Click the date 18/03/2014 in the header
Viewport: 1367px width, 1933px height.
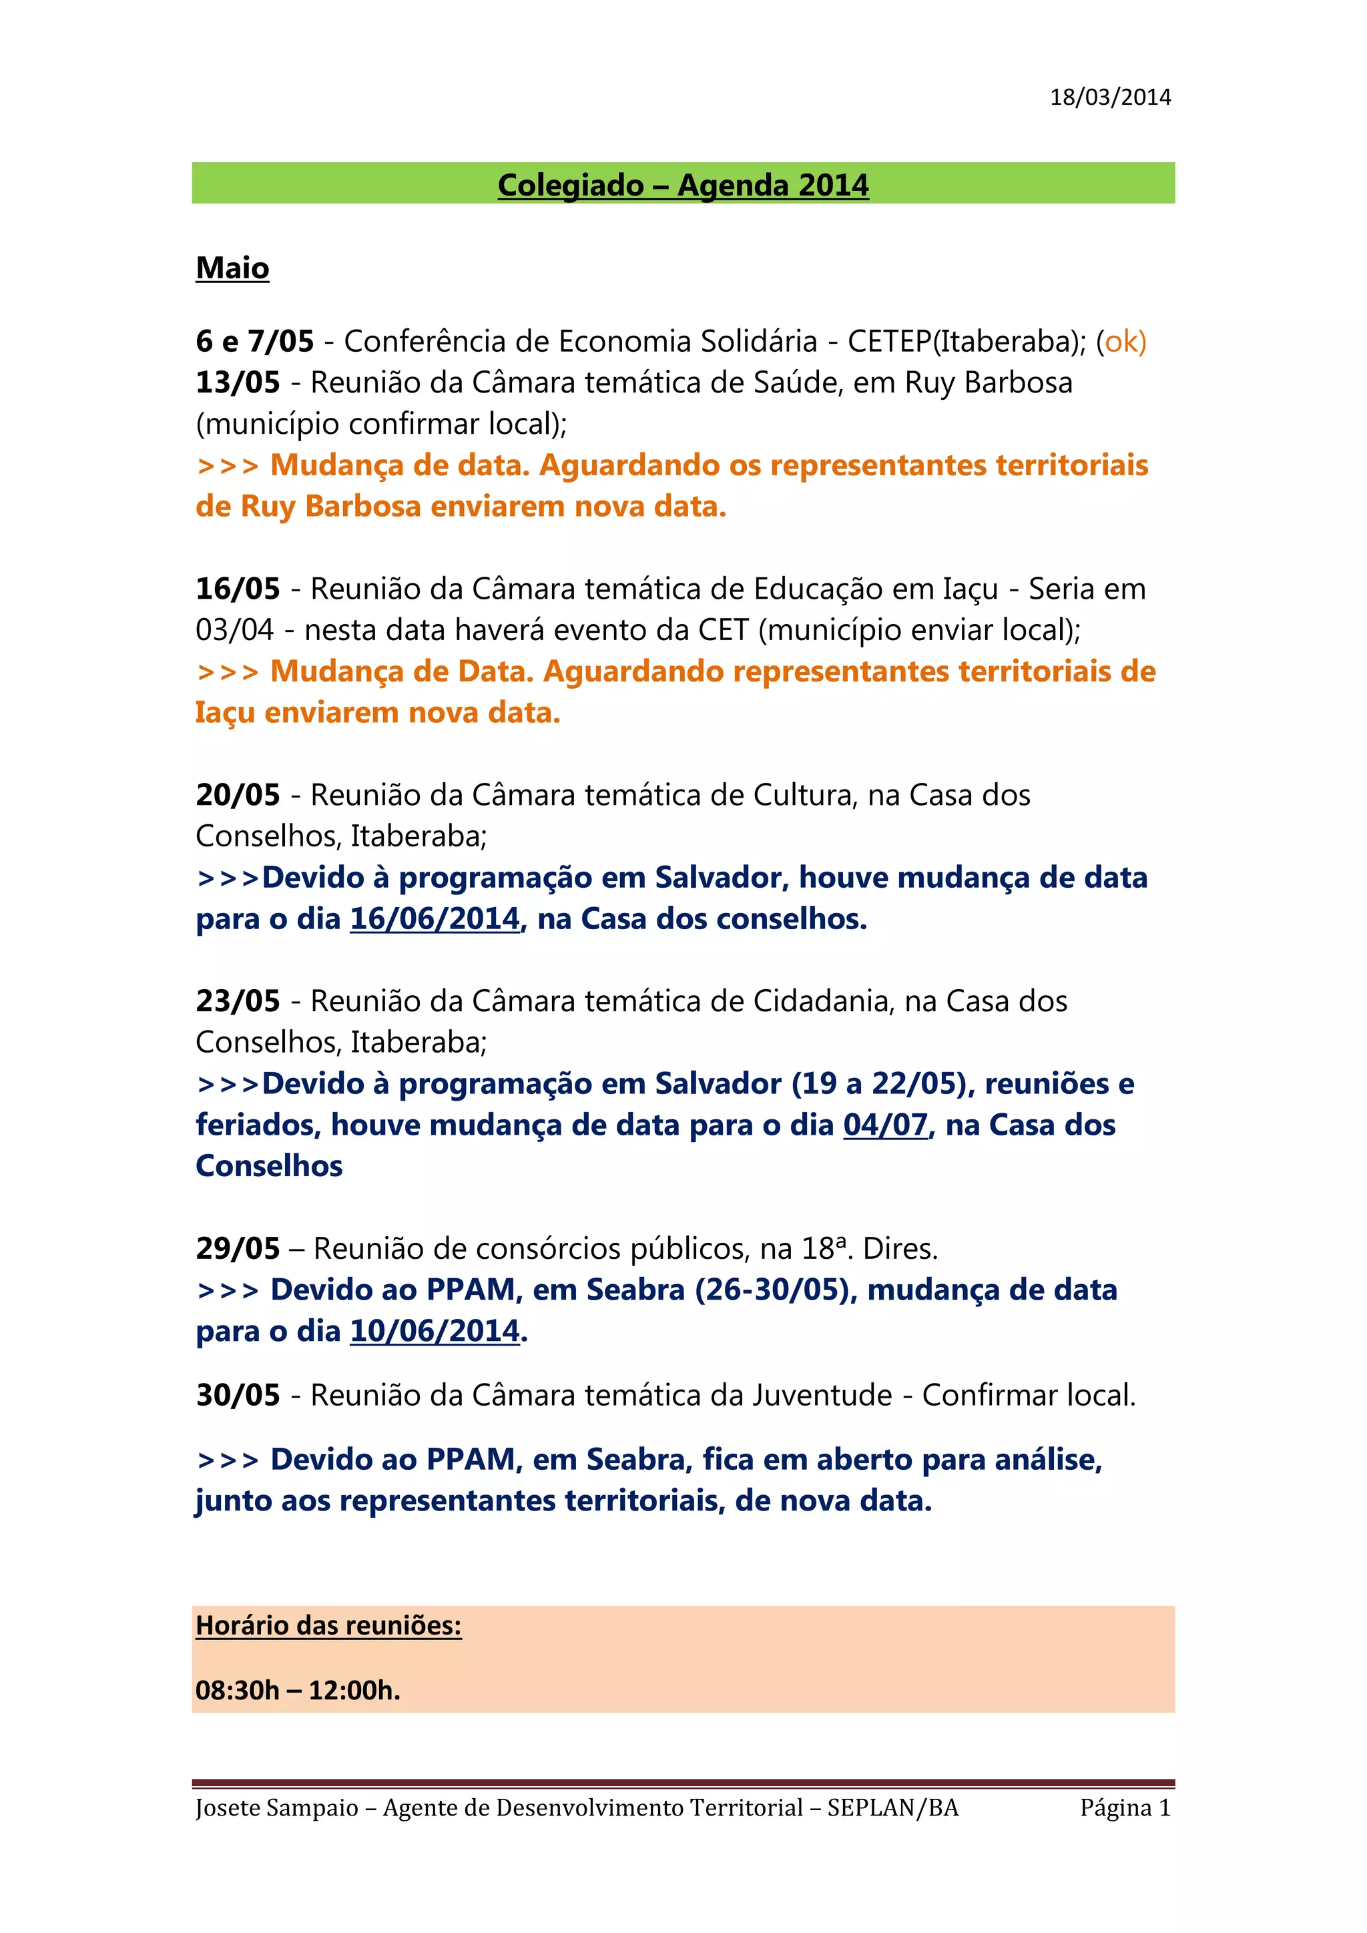[x=1109, y=97]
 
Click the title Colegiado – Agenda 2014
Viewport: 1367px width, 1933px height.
[x=683, y=185]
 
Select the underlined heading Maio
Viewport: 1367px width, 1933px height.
[x=232, y=268]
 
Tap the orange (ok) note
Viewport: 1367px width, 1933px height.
[x=1121, y=342]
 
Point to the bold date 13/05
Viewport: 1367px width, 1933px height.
[x=238, y=383]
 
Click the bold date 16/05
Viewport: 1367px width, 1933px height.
[x=238, y=589]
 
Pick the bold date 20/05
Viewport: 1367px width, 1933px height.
[x=238, y=796]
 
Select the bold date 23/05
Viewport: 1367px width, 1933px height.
[x=238, y=1002]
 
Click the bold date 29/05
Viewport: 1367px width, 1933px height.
[x=238, y=1250]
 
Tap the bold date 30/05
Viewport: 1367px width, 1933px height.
[x=238, y=1396]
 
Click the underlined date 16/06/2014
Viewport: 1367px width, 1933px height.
[x=435, y=919]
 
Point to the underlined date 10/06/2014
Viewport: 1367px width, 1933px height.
[x=435, y=1332]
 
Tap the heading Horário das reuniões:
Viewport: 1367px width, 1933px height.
[x=328, y=1626]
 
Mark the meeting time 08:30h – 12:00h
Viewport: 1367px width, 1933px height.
[x=297, y=1691]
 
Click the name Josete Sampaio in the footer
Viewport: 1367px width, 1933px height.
[x=277, y=1808]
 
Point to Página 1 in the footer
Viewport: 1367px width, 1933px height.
[x=1125, y=1808]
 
